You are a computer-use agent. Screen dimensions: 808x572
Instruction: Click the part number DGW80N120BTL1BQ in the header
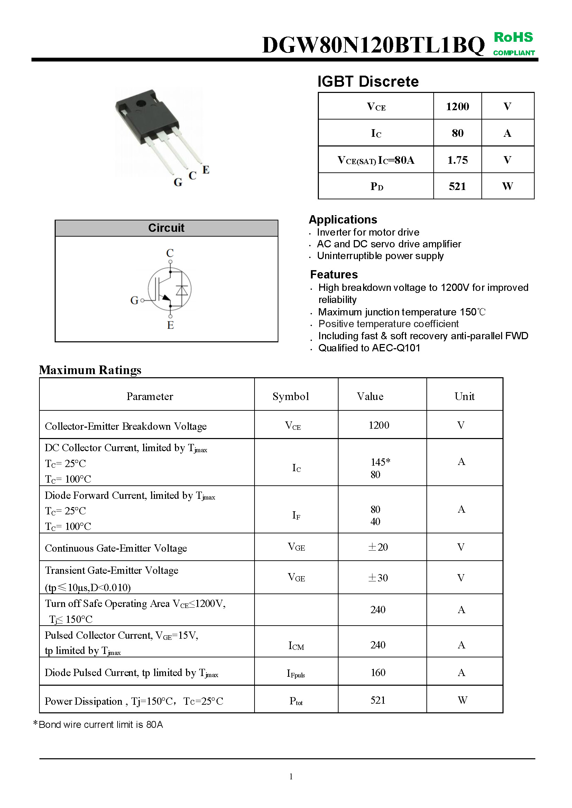[x=373, y=45]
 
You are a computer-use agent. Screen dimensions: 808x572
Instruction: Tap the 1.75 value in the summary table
[x=457, y=160]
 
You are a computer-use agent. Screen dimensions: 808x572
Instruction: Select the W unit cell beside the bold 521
[x=507, y=186]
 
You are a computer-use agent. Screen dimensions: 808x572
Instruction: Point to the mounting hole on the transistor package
[x=141, y=104]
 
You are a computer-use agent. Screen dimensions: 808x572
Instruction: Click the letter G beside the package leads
[x=178, y=182]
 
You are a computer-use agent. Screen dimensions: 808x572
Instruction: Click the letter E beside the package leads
[x=206, y=170]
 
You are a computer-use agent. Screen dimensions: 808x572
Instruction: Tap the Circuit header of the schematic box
[x=166, y=228]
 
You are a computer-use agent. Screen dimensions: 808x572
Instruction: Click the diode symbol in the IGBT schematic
[x=182, y=289]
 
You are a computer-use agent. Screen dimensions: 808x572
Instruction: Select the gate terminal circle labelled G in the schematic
[x=142, y=300]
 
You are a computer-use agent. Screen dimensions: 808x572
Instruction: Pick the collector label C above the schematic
[x=170, y=253]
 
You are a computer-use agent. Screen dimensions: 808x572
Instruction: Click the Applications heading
[x=343, y=220]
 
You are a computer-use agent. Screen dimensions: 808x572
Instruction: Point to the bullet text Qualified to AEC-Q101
[x=369, y=348]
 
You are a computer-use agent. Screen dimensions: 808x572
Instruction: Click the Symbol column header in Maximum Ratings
[x=290, y=397]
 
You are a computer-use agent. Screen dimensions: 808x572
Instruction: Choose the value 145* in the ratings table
[x=380, y=462]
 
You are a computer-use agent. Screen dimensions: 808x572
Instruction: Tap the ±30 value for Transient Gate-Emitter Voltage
[x=378, y=578]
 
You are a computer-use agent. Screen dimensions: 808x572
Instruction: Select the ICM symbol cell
[x=296, y=645]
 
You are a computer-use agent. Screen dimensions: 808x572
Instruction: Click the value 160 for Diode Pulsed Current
[x=378, y=673]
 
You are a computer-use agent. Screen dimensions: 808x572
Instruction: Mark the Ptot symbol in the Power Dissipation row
[x=296, y=701]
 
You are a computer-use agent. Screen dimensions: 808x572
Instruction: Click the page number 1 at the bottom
[x=291, y=776]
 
